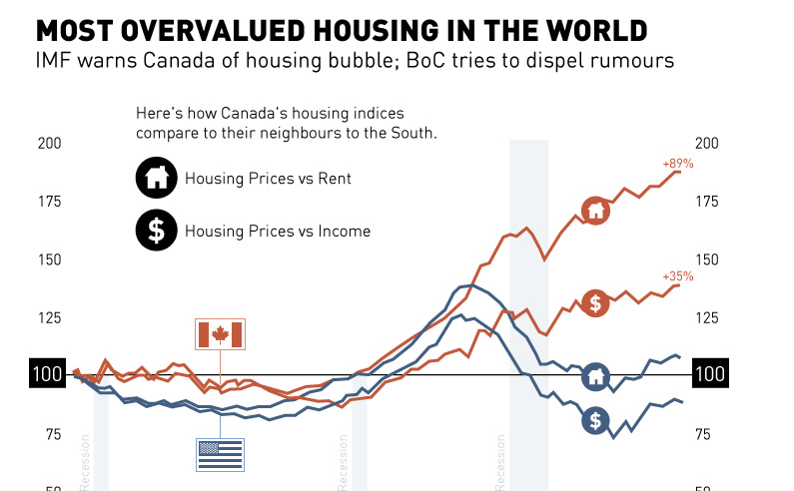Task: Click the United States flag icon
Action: point(221,454)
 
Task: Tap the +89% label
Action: point(677,163)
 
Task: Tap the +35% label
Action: point(677,276)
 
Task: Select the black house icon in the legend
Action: point(155,179)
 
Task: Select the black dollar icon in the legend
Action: point(155,231)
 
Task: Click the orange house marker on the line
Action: point(595,212)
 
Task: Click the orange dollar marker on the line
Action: point(595,303)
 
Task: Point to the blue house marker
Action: point(595,376)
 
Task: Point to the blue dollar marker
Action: point(595,420)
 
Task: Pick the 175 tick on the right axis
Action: point(708,202)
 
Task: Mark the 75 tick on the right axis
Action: point(704,434)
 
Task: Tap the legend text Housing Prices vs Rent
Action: point(268,180)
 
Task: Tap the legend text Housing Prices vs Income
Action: point(278,232)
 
